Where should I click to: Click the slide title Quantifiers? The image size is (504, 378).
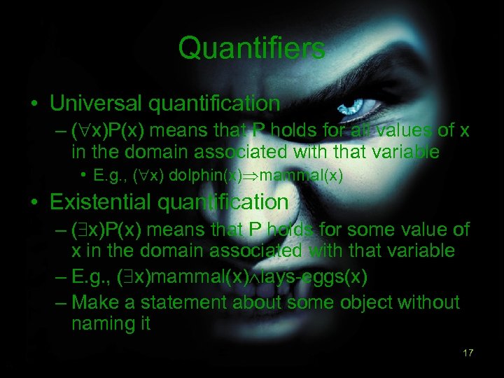[251, 48]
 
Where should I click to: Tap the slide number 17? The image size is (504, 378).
[468, 353]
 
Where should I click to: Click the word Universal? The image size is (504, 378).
[95, 104]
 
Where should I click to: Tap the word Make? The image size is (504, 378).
[94, 302]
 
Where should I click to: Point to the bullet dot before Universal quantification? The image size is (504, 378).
[34, 104]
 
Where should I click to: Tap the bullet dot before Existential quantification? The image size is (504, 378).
[34, 203]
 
